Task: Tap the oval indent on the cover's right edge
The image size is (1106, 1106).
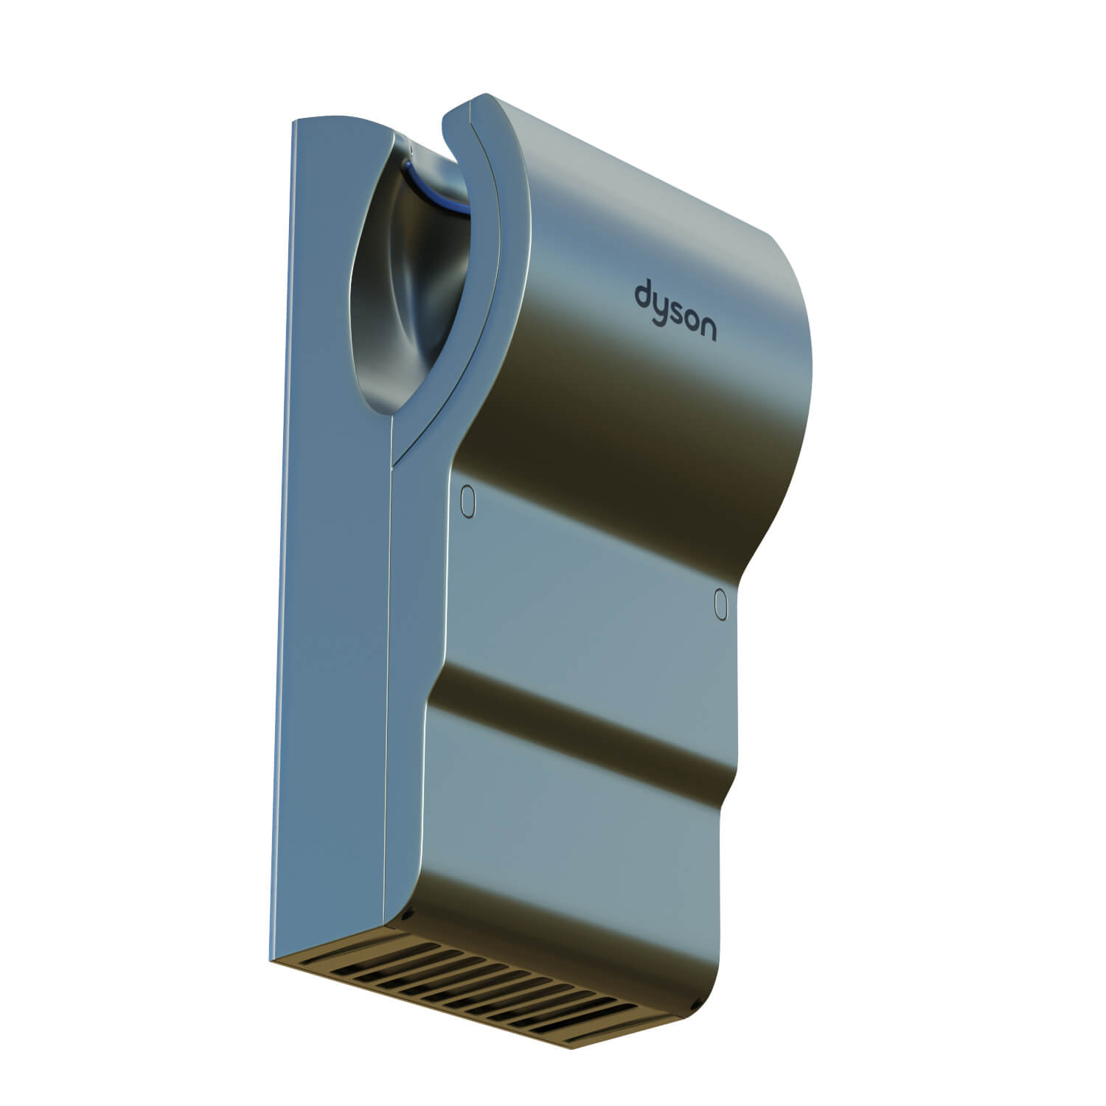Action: point(721,604)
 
